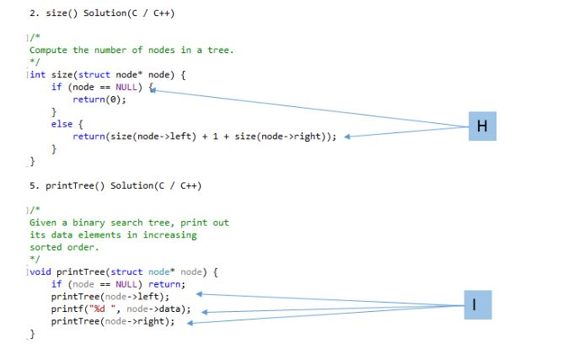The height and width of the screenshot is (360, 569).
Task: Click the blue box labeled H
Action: tap(481, 126)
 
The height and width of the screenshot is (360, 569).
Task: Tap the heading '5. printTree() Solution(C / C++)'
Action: tap(115, 185)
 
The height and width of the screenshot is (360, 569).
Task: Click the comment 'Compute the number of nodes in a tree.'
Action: tap(132, 50)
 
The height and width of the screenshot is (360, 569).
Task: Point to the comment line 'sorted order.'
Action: tap(64, 247)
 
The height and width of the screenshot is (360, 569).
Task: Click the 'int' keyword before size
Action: tap(38, 74)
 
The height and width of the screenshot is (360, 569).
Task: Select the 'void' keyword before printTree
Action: tap(40, 271)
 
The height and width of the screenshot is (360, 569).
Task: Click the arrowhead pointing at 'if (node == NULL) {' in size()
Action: tap(154, 88)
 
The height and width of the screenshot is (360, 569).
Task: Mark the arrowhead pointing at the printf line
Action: tap(203, 312)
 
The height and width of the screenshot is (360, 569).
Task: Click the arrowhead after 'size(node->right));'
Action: tap(348, 137)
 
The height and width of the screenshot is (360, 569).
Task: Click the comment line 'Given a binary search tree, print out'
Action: tap(129, 223)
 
